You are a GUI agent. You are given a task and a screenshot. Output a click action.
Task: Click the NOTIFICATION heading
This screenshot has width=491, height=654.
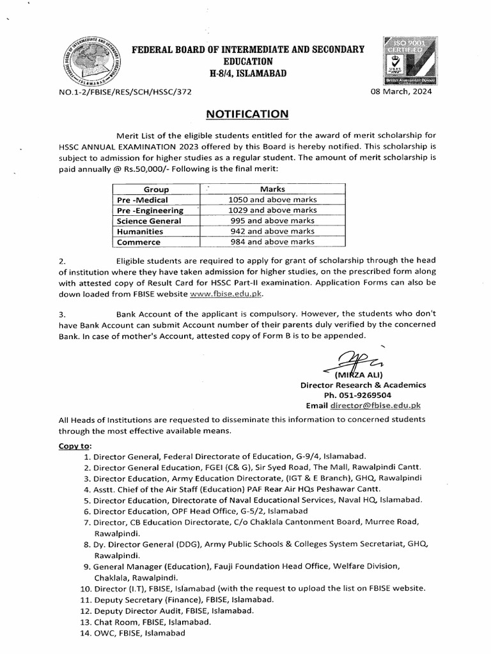(247, 114)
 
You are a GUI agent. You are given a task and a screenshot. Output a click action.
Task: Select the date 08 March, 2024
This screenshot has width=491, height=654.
(401, 92)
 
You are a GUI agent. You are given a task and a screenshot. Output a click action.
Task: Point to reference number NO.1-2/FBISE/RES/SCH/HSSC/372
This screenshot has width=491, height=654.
(125, 92)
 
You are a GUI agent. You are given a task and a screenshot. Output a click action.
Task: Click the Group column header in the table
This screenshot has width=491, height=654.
(156, 190)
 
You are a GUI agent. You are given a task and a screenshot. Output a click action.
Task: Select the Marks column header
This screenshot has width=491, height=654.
(272, 190)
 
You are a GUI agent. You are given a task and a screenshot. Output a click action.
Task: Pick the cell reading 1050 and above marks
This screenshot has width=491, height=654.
(272, 200)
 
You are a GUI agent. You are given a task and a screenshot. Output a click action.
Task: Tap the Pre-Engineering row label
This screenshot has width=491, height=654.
(150, 210)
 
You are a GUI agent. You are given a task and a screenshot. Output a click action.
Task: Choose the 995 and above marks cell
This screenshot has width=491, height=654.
(272, 221)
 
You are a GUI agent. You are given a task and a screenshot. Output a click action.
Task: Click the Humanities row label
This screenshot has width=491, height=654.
(139, 231)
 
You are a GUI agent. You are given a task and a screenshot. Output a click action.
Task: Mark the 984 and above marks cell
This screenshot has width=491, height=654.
(272, 242)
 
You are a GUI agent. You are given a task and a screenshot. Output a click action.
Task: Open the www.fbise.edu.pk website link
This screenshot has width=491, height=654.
(226, 294)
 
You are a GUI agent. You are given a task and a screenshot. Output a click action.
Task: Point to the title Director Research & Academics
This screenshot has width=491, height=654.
(363, 385)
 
